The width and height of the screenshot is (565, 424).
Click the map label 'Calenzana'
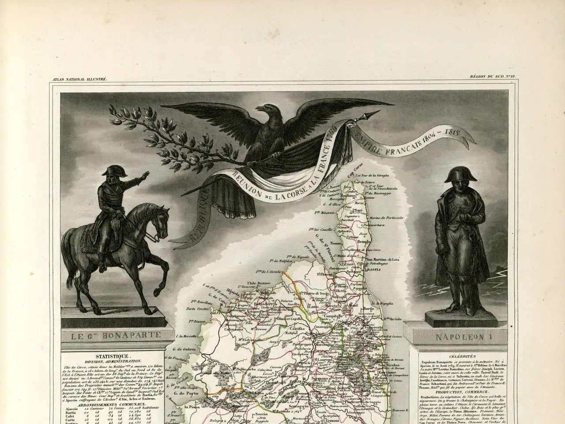[237, 328]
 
